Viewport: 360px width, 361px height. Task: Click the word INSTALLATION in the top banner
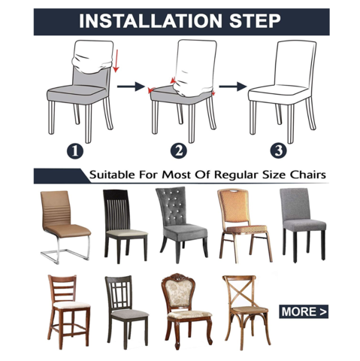tap(150, 21)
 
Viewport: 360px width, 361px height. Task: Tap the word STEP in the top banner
tap(255, 21)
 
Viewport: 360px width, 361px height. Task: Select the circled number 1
tap(75, 151)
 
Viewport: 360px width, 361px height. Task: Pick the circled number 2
tap(179, 150)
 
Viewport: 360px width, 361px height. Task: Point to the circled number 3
tap(278, 150)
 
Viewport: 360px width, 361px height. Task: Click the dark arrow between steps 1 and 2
tap(131, 86)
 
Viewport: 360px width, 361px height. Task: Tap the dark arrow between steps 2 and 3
tap(232, 86)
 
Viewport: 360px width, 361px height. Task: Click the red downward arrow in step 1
tap(116, 61)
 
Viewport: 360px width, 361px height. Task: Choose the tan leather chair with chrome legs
tap(65, 227)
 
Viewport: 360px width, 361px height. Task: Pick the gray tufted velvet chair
tap(181, 225)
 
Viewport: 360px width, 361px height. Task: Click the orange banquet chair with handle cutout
tap(245, 226)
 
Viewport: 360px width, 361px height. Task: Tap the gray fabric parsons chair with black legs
tap(303, 225)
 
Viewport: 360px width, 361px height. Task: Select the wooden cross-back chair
tap(247, 312)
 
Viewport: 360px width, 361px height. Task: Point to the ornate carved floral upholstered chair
tap(186, 311)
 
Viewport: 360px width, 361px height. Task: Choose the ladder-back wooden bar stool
tap(68, 312)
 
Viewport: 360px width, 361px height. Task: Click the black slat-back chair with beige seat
tap(126, 226)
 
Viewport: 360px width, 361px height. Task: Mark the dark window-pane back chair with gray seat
tap(126, 312)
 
